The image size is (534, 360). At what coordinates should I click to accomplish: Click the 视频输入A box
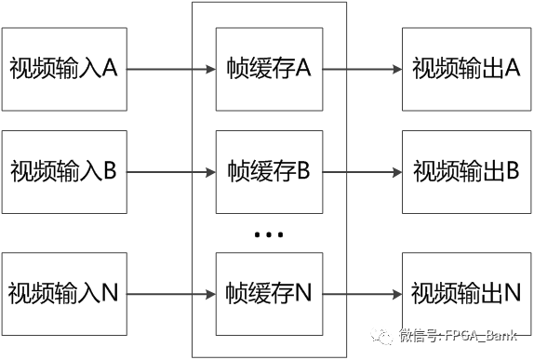(63, 69)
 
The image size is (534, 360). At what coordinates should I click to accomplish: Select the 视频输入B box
(63, 172)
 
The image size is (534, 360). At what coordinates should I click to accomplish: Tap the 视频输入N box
(63, 294)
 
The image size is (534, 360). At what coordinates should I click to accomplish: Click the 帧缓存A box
(268, 69)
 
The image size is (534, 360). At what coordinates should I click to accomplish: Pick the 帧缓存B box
(268, 172)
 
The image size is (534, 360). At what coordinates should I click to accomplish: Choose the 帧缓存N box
(268, 294)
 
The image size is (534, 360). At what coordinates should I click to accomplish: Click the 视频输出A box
(465, 69)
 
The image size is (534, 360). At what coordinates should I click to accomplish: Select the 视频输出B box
(465, 172)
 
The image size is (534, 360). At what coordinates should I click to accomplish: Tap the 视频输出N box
(465, 294)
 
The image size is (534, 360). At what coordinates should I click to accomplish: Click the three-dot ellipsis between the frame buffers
(268, 234)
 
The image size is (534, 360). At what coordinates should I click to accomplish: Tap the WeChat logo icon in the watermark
(380, 336)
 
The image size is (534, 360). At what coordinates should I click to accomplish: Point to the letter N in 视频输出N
(511, 294)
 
